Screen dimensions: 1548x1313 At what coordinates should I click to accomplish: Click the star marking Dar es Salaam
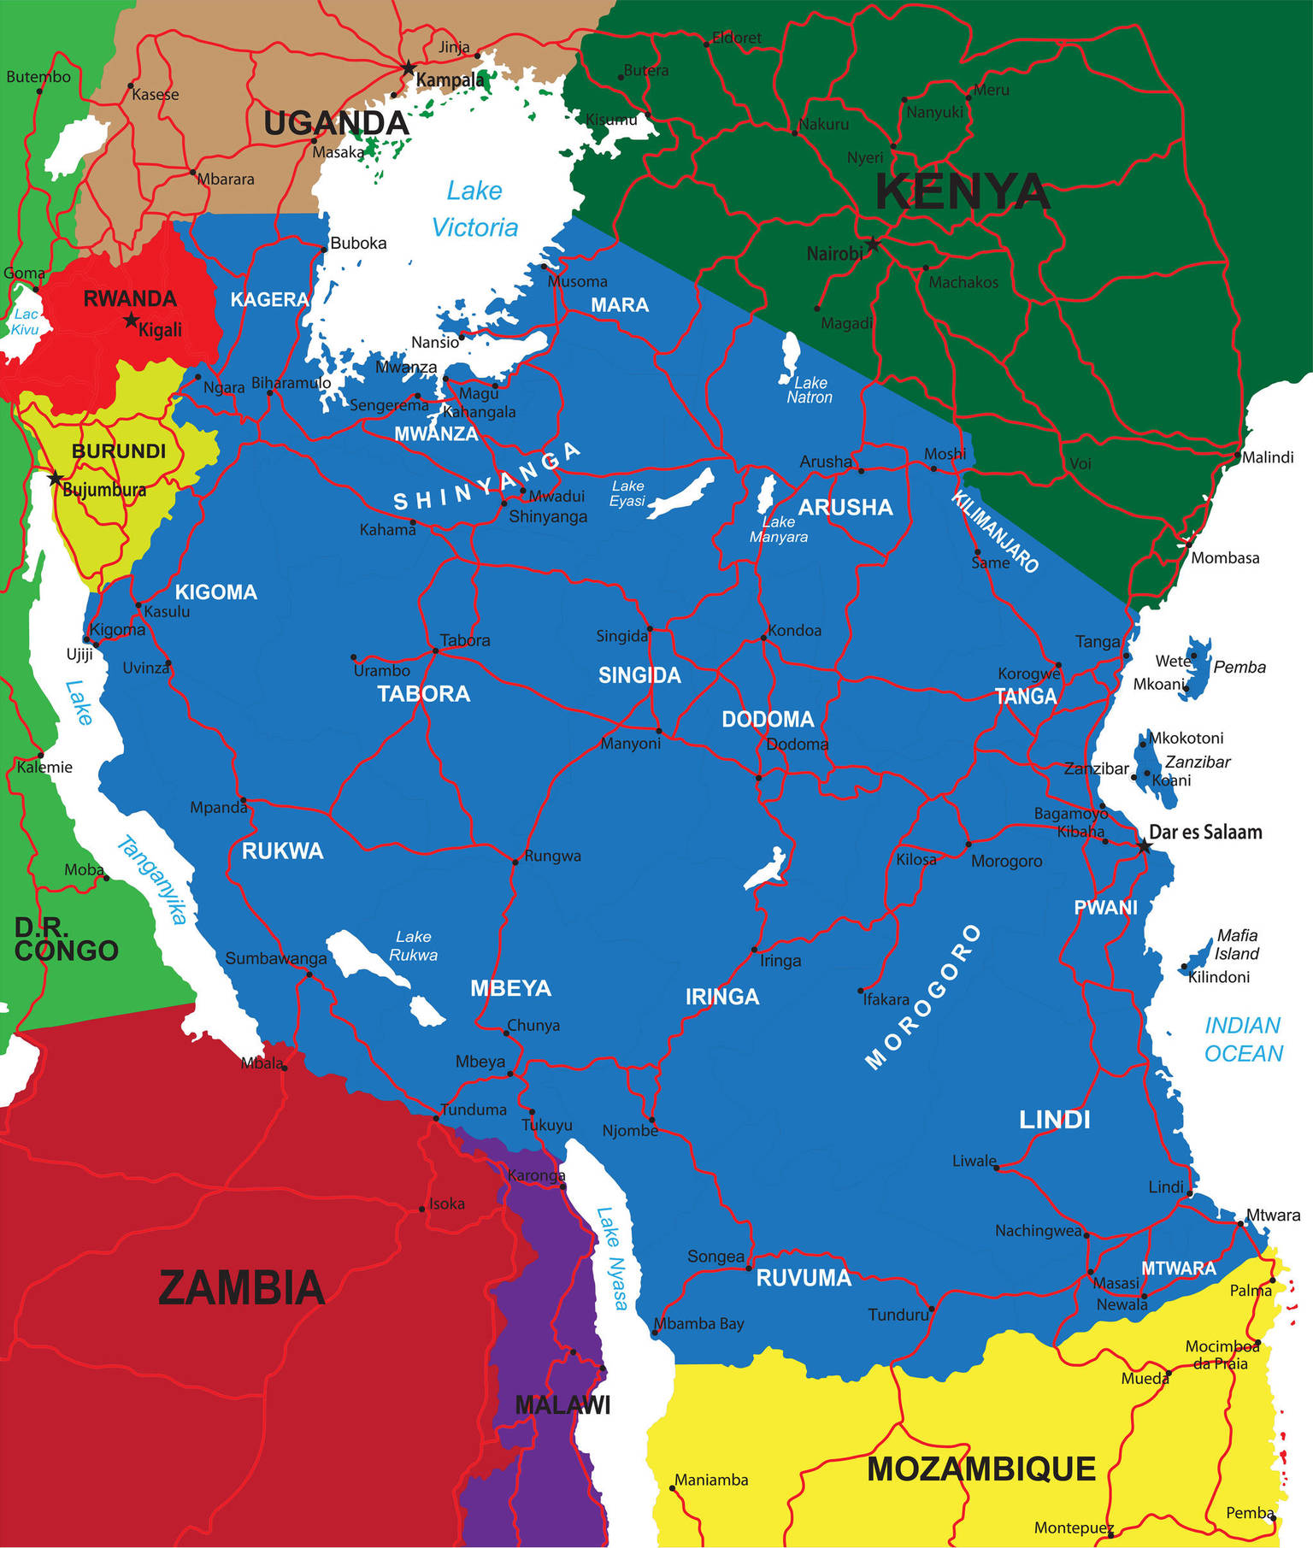[x=1144, y=846]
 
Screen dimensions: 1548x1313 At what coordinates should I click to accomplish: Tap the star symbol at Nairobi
[x=872, y=244]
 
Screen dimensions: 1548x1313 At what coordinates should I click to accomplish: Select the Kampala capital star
[x=409, y=67]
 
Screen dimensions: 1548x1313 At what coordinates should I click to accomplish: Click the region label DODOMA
[x=768, y=719]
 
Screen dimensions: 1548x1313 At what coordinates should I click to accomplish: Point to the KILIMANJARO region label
[x=995, y=532]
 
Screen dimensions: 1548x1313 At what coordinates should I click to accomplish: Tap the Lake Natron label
[x=809, y=390]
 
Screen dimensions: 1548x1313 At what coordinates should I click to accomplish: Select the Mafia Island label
[x=1236, y=945]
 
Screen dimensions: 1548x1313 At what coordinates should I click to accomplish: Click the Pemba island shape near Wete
[x=1197, y=668]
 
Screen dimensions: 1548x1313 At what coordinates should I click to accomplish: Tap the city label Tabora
[x=465, y=640]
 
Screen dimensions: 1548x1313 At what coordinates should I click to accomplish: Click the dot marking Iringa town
[x=754, y=950]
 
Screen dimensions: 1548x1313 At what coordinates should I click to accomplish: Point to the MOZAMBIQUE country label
[x=980, y=1469]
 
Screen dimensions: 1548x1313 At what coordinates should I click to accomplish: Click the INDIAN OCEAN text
[x=1243, y=1039]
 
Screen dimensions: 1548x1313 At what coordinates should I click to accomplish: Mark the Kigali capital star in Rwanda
[x=131, y=321]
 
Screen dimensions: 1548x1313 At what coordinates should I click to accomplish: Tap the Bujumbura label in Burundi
[x=104, y=490]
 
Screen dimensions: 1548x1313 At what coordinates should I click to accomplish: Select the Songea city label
[x=715, y=1256]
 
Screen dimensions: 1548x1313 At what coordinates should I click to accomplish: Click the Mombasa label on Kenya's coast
[x=1225, y=558]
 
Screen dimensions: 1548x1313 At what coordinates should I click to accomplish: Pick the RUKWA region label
[x=282, y=851]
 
